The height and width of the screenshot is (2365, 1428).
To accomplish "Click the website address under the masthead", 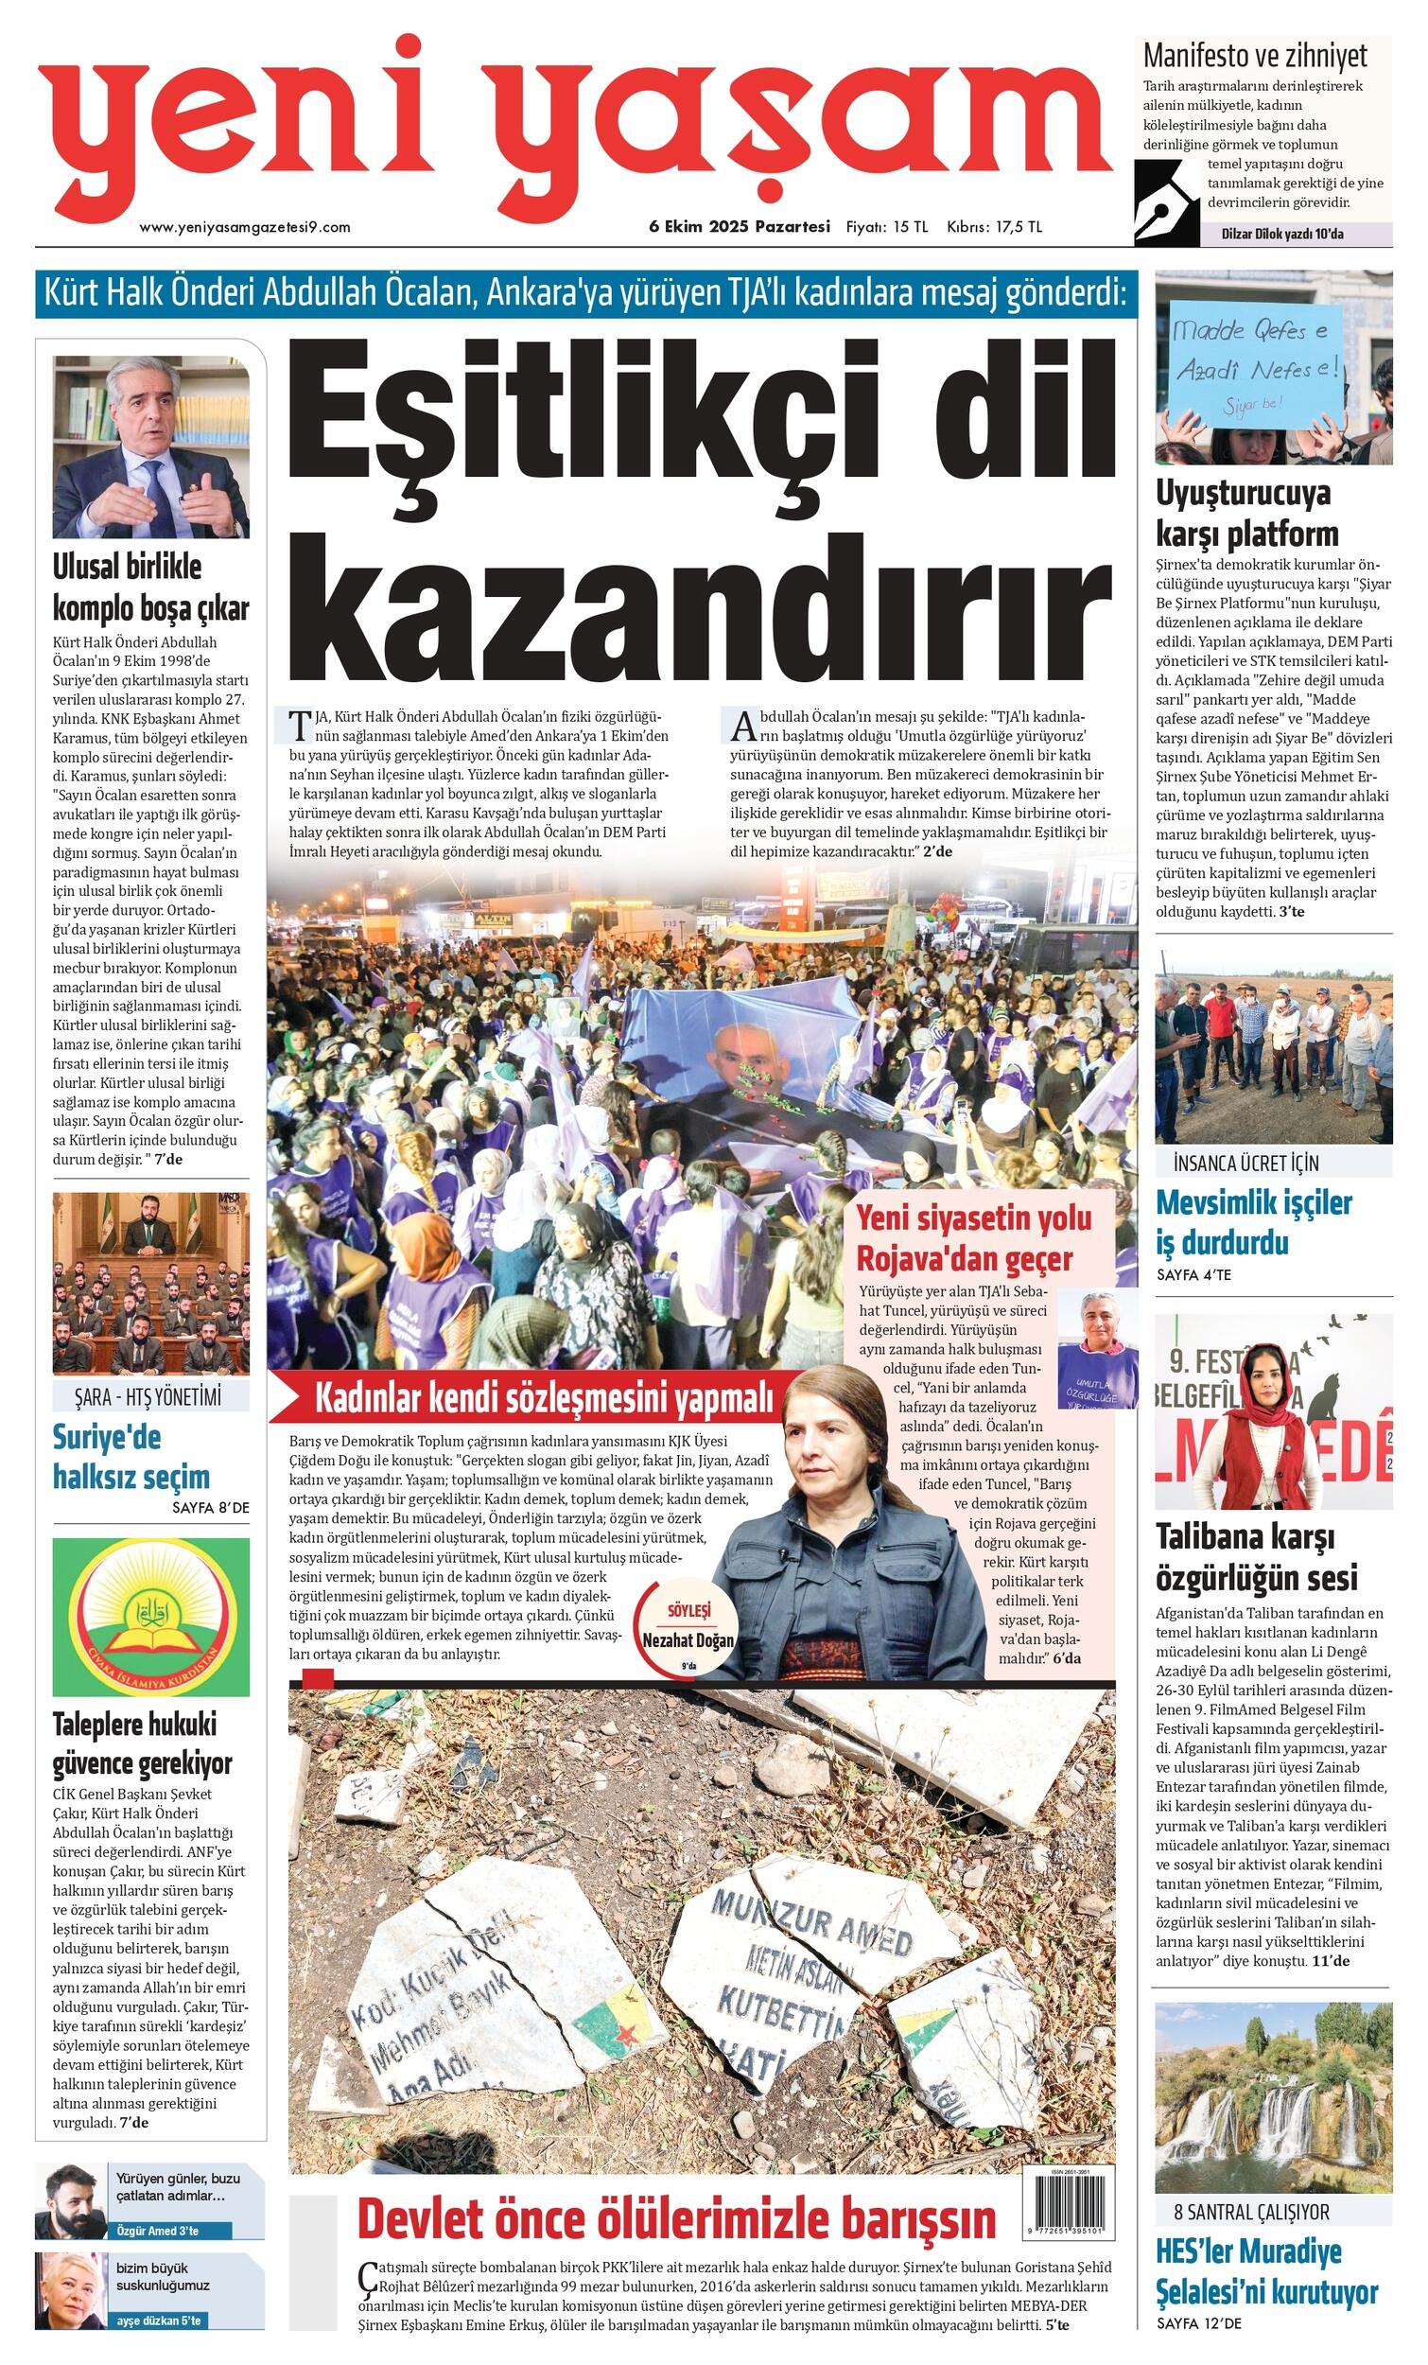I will [245, 227].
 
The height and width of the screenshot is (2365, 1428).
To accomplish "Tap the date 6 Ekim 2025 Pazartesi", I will [739, 227].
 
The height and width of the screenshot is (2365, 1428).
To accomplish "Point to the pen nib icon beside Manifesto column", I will [1166, 203].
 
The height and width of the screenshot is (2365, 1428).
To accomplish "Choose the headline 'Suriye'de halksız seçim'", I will [131, 1456].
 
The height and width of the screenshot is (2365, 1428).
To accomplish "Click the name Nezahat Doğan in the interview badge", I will [688, 1640].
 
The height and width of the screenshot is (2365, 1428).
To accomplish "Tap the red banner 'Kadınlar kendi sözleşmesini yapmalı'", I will [543, 1398].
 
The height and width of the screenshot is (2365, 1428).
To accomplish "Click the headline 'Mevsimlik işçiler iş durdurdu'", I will [1253, 1222].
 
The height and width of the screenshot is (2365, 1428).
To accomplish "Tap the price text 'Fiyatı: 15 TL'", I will [886, 227].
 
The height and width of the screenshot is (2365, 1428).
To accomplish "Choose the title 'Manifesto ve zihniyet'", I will [1254, 56].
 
